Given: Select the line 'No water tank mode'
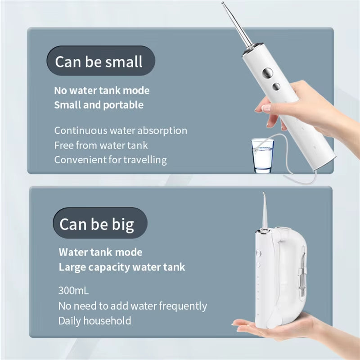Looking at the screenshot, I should (102, 90).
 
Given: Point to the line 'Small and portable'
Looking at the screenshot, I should (99, 105).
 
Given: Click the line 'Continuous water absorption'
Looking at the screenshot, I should (121, 130).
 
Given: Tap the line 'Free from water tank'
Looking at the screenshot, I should (101, 145).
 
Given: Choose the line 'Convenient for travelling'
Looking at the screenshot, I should (110, 160).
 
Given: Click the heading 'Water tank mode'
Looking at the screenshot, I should (100, 252).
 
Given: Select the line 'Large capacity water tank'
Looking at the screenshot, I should (121, 267).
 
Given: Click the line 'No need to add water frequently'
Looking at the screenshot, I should (132, 306).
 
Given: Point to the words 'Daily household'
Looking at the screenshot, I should (94, 321).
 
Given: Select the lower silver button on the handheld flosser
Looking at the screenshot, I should (276, 86).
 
